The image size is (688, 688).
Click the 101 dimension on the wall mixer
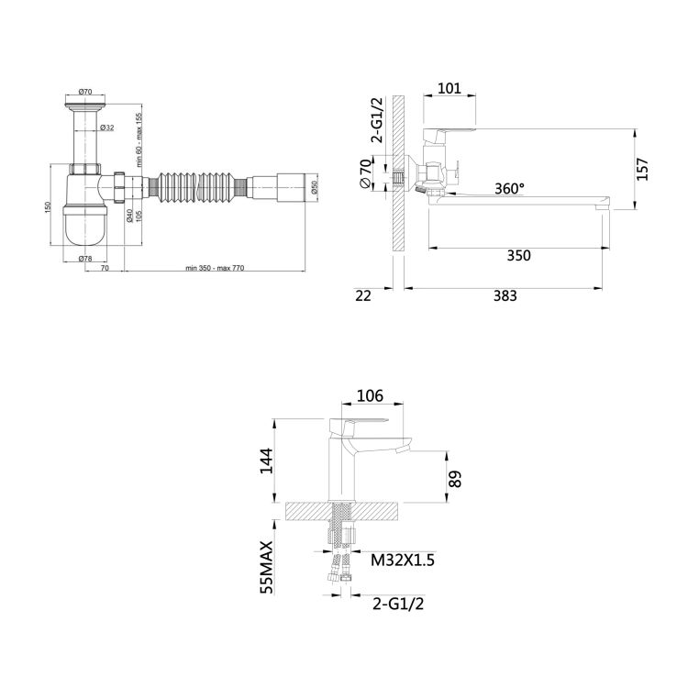[449, 90]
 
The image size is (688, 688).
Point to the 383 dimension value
[505, 295]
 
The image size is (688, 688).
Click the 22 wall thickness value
[362, 295]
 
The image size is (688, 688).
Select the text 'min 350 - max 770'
[217, 268]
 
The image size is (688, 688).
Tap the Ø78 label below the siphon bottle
[86, 258]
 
